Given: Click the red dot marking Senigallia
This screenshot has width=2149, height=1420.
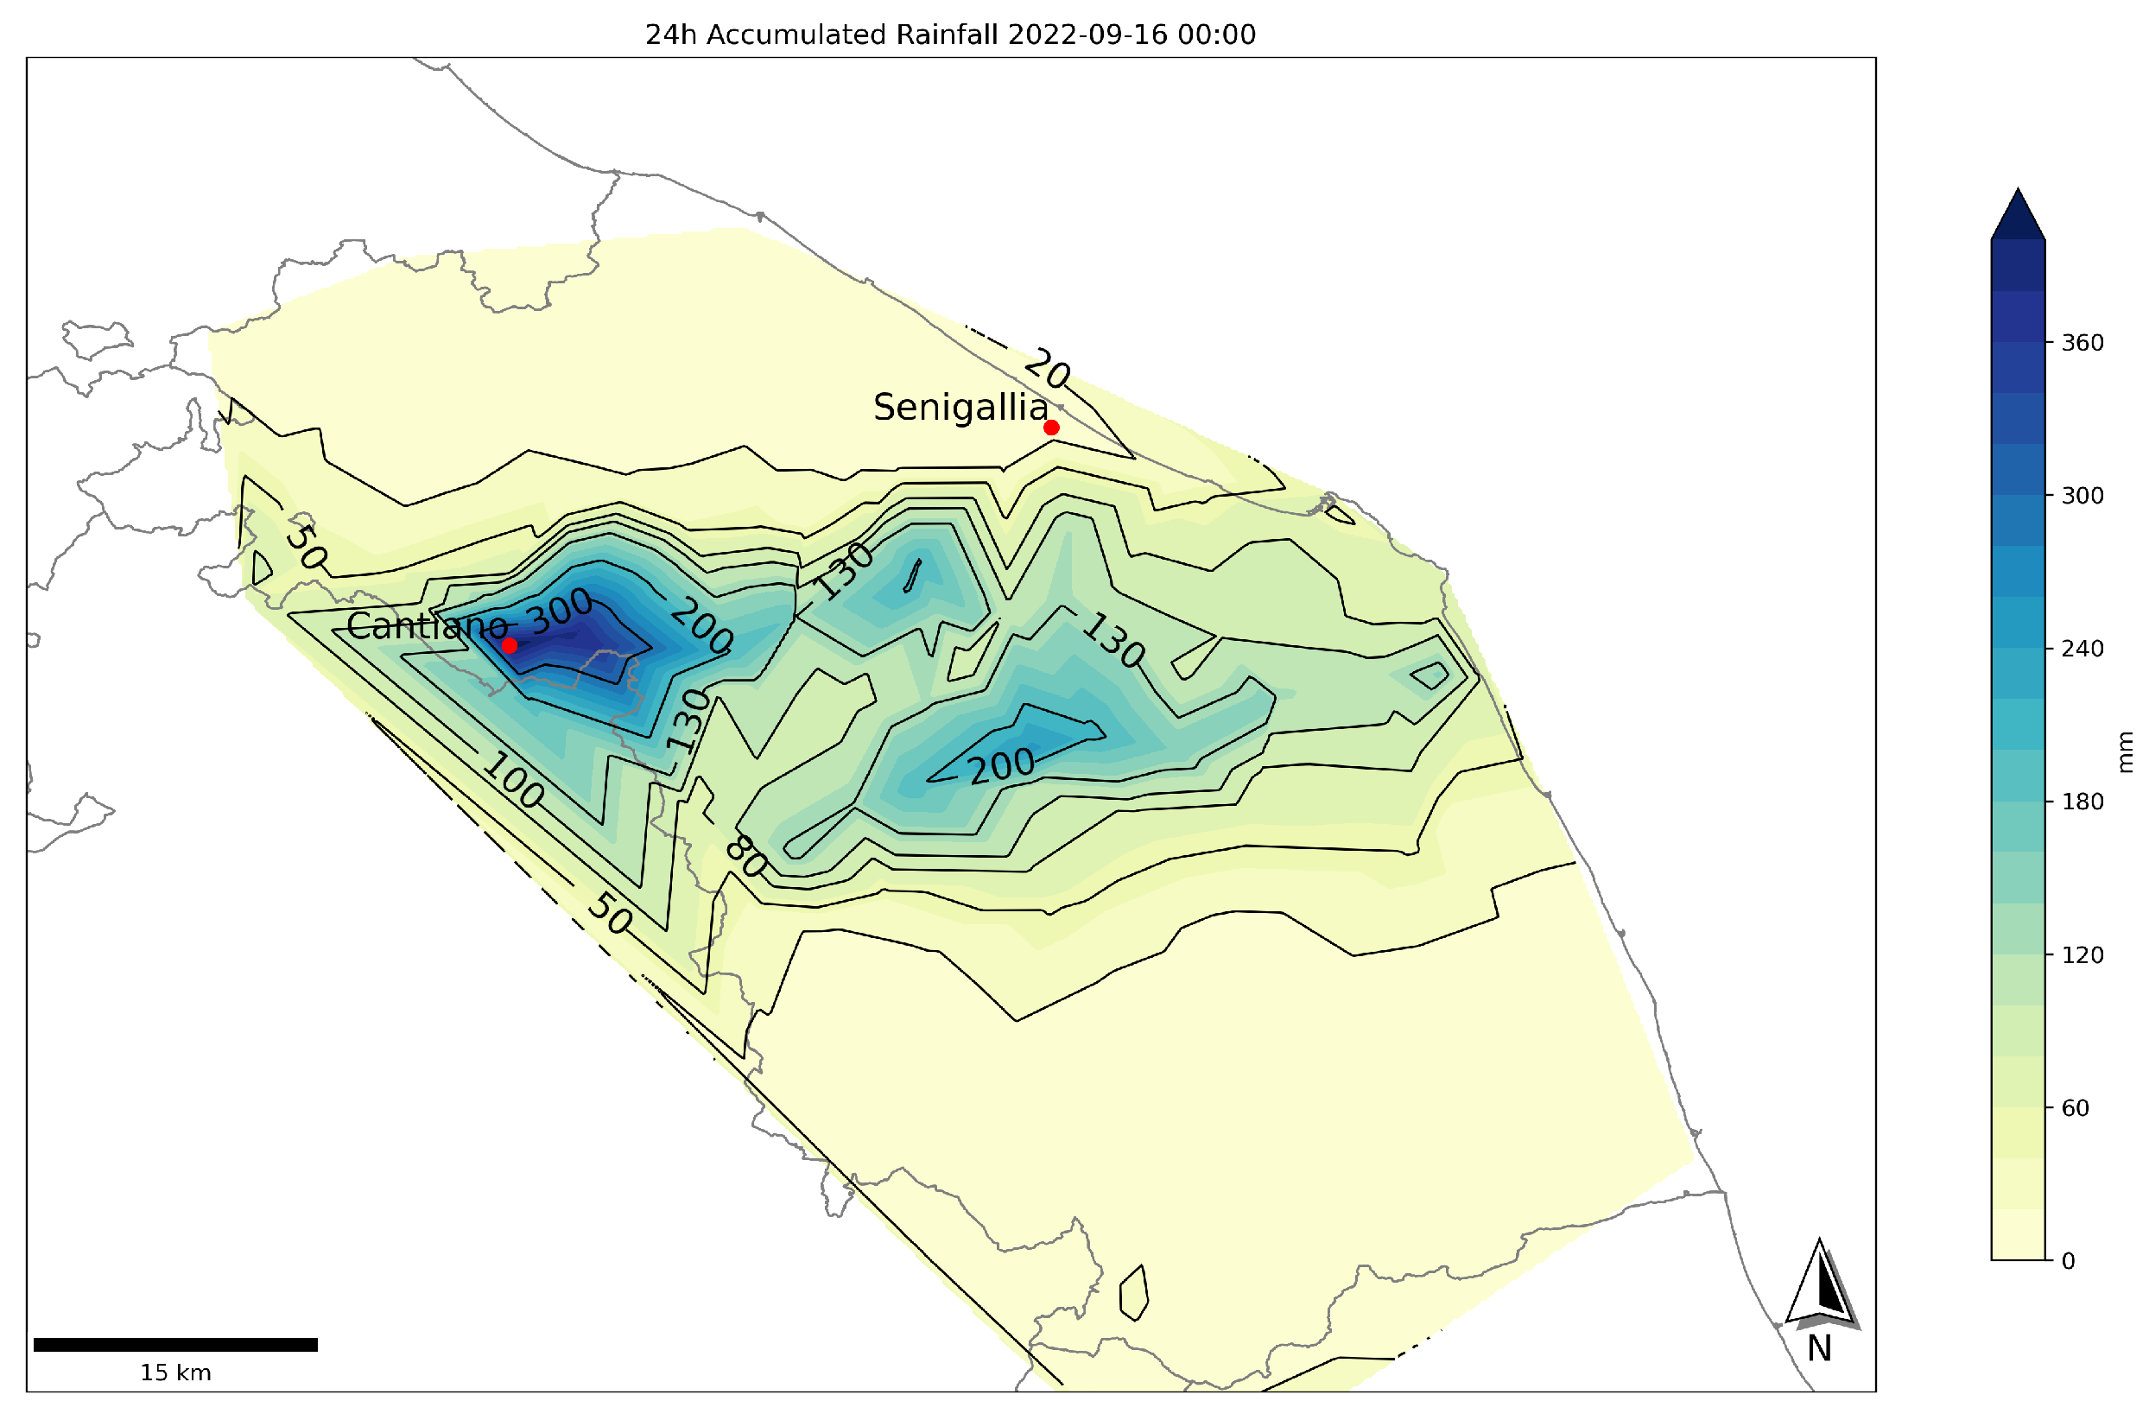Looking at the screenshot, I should [1050, 428].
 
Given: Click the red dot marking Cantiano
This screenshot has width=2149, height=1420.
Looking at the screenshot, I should [509, 645].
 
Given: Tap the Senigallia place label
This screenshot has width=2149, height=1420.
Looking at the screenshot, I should [960, 408].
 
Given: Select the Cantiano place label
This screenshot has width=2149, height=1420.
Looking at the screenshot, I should [427, 625].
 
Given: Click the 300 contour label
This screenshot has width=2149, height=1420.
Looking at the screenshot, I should [561, 612].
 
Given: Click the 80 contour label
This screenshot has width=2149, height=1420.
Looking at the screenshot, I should [746, 856].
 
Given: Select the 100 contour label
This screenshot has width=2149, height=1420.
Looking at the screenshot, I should [512, 780].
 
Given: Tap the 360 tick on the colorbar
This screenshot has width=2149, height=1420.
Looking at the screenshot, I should [2081, 343].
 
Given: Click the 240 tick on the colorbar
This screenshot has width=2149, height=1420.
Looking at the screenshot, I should [2081, 649].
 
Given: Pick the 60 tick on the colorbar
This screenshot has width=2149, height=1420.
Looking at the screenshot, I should [2075, 1107].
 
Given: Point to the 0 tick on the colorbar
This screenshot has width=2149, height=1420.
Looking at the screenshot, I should [2068, 1260].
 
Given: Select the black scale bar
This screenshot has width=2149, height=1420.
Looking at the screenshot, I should [174, 1345].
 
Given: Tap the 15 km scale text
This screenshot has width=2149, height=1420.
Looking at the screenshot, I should [174, 1372].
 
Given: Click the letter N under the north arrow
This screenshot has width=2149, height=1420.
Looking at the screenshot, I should [1818, 1349].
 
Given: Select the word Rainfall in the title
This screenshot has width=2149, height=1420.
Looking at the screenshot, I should [947, 35].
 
